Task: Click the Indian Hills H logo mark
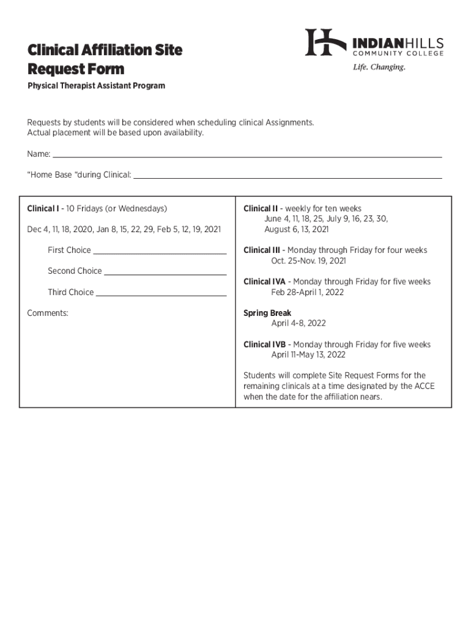[326, 42]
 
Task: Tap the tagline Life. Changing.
[379, 67]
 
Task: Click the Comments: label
[48, 313]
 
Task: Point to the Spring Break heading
[267, 313]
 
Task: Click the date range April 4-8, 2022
[299, 323]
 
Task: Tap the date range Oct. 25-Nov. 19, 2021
[308, 261]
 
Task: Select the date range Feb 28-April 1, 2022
[308, 292]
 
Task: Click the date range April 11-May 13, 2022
[308, 355]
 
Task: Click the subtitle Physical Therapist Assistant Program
[96, 86]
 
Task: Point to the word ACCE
[424, 386]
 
